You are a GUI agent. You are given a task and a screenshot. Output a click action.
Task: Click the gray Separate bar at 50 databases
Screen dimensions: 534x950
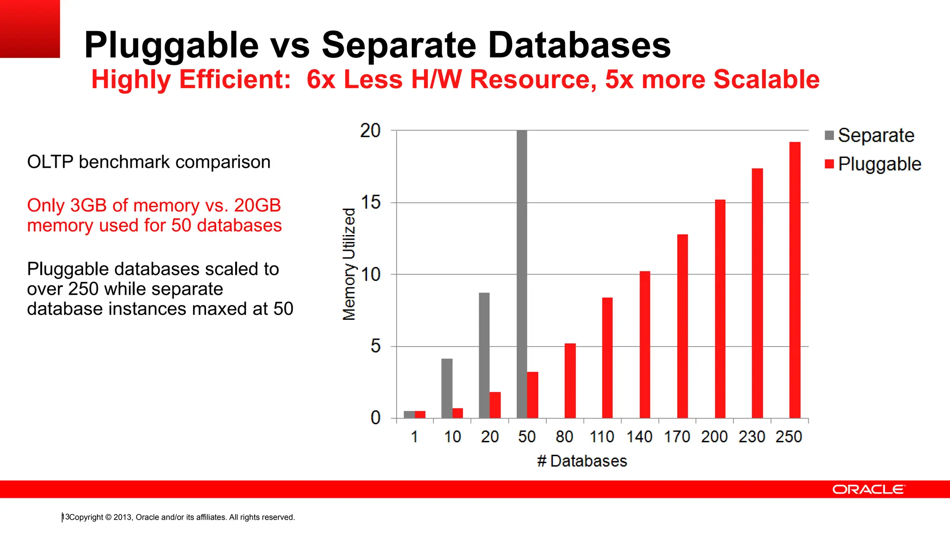click(521, 273)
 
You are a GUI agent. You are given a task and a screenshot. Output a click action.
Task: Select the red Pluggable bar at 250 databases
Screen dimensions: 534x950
click(795, 280)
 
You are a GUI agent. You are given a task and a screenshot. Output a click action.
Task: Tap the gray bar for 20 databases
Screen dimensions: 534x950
click(484, 355)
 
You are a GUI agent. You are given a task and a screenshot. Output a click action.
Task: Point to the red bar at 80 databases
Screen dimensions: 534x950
click(570, 381)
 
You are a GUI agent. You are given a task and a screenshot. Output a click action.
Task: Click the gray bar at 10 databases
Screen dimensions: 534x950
click(447, 388)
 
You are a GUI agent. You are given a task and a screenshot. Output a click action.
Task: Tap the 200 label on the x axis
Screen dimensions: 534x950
click(714, 437)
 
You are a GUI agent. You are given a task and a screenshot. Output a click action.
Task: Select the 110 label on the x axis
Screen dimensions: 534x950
click(602, 437)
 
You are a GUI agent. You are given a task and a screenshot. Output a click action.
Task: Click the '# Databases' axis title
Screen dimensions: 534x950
click(582, 461)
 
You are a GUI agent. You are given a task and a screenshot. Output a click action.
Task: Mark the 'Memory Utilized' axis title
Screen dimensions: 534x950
click(349, 264)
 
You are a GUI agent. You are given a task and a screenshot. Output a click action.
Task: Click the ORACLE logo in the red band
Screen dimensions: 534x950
click(868, 489)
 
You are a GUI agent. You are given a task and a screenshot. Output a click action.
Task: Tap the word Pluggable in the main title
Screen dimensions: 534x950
click(171, 45)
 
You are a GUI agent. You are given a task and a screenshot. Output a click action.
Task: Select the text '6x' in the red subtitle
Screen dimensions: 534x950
click(321, 79)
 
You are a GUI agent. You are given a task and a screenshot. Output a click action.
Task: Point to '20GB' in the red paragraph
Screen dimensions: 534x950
click(257, 205)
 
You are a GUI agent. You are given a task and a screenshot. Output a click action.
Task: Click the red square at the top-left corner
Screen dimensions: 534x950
click(30, 29)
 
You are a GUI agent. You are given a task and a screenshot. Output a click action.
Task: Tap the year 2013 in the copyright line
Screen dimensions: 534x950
click(123, 517)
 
